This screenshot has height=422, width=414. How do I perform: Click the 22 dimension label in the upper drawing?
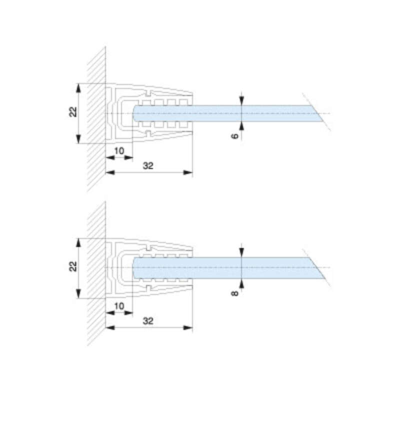pyautogui.click(x=73, y=112)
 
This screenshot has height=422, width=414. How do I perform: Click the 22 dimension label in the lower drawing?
pyautogui.click(x=73, y=266)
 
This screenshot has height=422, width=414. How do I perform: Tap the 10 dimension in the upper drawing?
pyautogui.click(x=119, y=150)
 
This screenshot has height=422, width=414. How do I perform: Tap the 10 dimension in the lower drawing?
pyautogui.click(x=119, y=306)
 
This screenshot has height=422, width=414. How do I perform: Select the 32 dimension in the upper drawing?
pyautogui.click(x=148, y=165)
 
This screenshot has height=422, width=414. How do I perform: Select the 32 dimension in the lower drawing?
pyautogui.click(x=148, y=321)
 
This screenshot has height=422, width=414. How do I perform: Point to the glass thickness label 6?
pyautogui.click(x=235, y=136)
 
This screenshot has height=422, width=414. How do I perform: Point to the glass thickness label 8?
pyautogui.click(x=235, y=293)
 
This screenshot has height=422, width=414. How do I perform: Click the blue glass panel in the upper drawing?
pyautogui.click(x=227, y=113)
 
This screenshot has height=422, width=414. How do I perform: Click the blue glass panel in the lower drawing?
pyautogui.click(x=227, y=268)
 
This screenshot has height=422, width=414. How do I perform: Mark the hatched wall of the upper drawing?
pyautogui.click(x=96, y=119)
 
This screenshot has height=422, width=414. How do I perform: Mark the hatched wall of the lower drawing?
pyautogui.click(x=96, y=273)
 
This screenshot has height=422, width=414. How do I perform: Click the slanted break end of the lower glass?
pyautogui.click(x=316, y=268)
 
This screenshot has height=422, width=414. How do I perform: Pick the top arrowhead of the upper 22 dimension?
pyautogui.click(x=78, y=88)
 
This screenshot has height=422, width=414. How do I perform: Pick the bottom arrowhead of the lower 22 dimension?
pyautogui.click(x=78, y=293)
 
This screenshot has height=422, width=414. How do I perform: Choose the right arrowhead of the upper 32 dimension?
pyautogui.click(x=188, y=172)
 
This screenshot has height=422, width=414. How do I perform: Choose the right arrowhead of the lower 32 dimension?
pyautogui.click(x=188, y=328)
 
